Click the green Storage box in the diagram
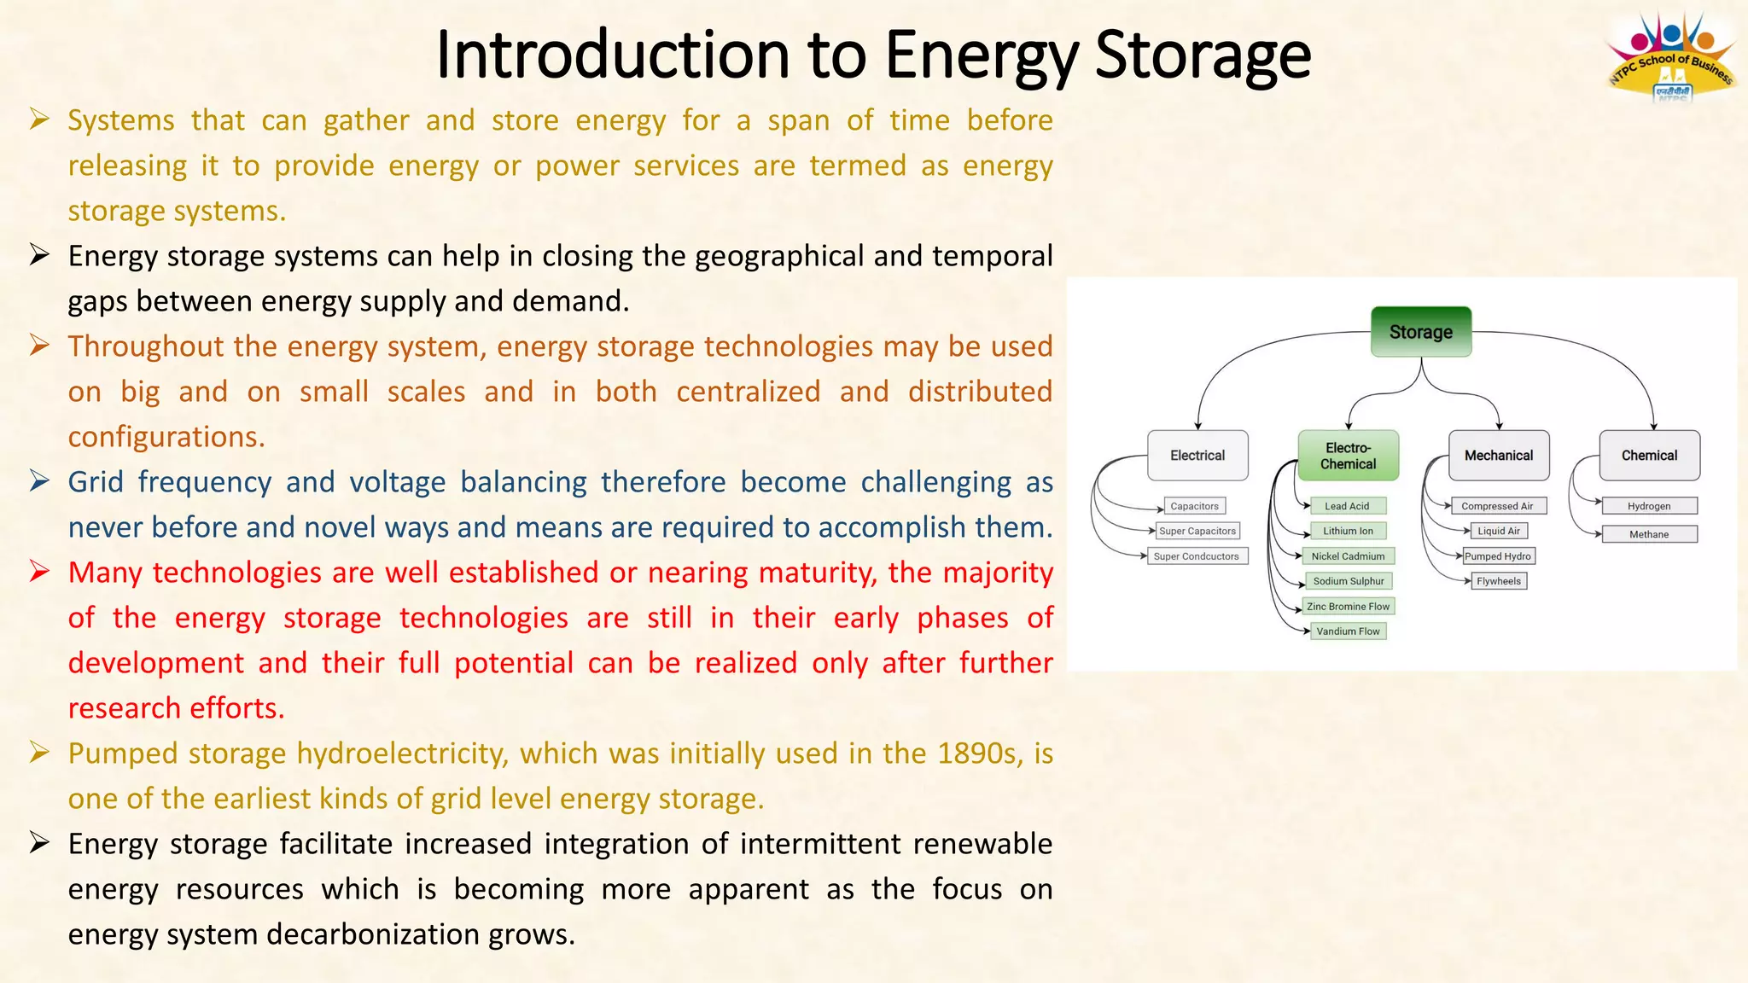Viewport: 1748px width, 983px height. click(1420, 332)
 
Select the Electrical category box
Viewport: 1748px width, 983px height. click(1197, 456)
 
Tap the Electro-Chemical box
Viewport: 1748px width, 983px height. click(1348, 456)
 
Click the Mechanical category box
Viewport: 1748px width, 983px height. click(1499, 456)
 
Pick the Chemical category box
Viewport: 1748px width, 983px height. click(1649, 456)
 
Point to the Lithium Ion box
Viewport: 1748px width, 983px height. click(1348, 531)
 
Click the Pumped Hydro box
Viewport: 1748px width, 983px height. click(1498, 556)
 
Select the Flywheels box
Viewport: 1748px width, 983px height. click(1499, 581)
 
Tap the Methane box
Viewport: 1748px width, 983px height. click(1649, 534)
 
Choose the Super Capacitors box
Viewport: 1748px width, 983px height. click(1197, 531)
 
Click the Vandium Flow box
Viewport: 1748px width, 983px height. click(1348, 631)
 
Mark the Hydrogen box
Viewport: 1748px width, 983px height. click(1649, 506)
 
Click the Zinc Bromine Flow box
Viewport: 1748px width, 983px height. click(1348, 607)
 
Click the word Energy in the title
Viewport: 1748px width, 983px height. click(981, 55)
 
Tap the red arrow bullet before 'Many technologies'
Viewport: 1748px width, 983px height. click(39, 571)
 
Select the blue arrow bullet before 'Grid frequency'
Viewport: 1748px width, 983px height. click(39, 480)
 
